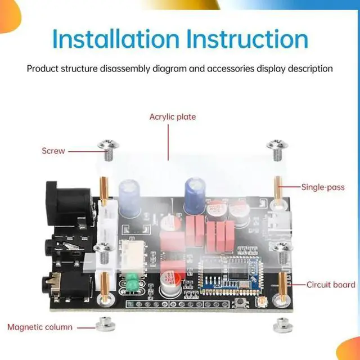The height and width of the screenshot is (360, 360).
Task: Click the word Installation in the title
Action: tap(115, 39)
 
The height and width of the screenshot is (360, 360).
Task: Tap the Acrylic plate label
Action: tap(172, 117)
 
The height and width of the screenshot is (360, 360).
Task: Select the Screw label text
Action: tap(53, 151)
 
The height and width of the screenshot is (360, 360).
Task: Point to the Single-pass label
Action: tap(322, 187)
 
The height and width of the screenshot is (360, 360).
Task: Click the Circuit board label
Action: tap(331, 285)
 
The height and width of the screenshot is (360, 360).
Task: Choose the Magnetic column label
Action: tap(39, 327)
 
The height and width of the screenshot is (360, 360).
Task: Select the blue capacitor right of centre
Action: tap(196, 191)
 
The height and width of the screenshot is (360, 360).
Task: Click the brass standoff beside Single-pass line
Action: tap(278, 188)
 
